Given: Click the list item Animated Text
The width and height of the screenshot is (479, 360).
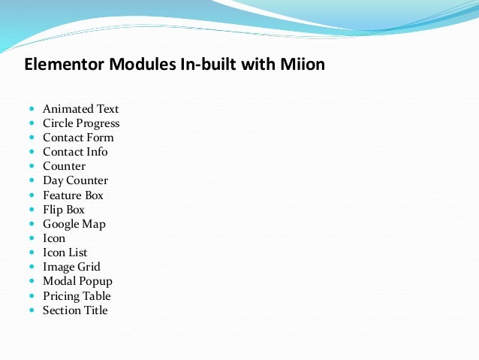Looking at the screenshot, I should point(80,109).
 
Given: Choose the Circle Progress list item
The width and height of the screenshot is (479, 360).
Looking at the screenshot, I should point(81,123).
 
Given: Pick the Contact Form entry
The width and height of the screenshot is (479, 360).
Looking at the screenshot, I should point(78,138).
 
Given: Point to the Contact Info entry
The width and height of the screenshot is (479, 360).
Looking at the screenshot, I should point(75,152).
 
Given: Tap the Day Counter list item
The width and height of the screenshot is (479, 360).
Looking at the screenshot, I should point(75,180).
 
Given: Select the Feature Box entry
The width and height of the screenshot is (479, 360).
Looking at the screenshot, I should point(73,195).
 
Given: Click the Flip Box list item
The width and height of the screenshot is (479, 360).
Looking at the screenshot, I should point(64,210).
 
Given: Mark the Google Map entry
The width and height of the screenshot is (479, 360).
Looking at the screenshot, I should point(74,224).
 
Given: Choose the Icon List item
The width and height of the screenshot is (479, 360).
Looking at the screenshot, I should point(65,253).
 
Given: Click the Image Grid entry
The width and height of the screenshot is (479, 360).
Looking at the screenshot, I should point(71,267).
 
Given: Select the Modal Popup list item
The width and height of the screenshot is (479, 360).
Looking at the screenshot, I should point(77,281).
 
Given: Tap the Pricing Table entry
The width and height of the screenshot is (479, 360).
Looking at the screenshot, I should point(77,296).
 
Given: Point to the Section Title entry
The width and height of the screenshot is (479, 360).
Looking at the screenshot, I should point(75,310).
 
